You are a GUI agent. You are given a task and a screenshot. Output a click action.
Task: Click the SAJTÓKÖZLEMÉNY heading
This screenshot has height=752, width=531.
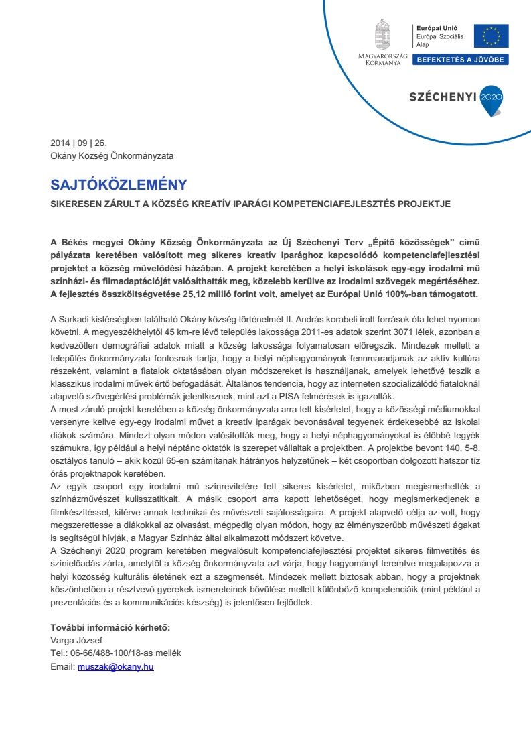[119, 185]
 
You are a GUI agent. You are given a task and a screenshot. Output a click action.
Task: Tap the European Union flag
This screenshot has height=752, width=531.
[491, 36]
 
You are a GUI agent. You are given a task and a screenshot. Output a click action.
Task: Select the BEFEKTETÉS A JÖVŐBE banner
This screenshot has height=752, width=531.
[461, 60]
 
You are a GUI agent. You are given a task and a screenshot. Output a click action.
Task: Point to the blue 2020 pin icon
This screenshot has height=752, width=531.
[491, 97]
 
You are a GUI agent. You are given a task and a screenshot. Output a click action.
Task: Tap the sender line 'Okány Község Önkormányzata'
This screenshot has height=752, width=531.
[112, 156]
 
